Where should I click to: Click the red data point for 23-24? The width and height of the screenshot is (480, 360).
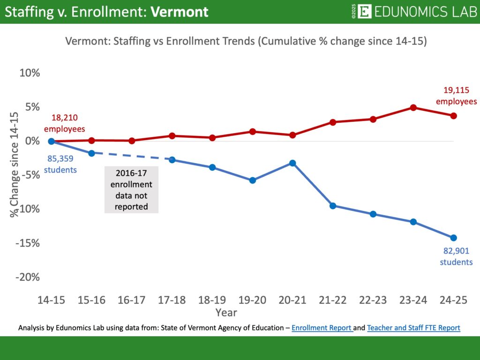(x=413, y=107)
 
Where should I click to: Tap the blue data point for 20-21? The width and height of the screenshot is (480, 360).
(x=292, y=163)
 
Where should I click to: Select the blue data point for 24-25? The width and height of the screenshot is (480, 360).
(x=453, y=238)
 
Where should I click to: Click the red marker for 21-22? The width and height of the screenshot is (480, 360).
(x=333, y=122)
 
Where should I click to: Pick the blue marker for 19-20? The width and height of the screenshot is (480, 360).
(x=253, y=180)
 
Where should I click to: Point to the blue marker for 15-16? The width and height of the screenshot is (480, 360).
(x=91, y=153)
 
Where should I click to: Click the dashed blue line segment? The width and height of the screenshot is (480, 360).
(x=132, y=157)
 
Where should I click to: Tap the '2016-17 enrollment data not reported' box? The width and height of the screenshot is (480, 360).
(x=131, y=190)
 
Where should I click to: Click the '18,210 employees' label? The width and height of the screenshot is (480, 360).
(x=65, y=123)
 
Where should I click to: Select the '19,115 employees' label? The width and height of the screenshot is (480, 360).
(x=456, y=96)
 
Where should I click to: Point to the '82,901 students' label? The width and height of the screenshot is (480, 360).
(x=456, y=256)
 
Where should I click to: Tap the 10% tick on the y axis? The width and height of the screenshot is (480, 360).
(x=30, y=73)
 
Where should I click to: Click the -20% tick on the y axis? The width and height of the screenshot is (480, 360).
(x=28, y=277)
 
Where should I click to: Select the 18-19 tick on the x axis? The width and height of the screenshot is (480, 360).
(x=212, y=300)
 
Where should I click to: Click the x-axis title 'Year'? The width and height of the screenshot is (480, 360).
(x=226, y=312)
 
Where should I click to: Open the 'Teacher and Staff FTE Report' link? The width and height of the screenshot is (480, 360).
(x=413, y=328)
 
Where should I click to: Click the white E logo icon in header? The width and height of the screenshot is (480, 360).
(x=364, y=12)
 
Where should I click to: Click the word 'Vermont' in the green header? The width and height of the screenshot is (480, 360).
(x=180, y=12)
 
